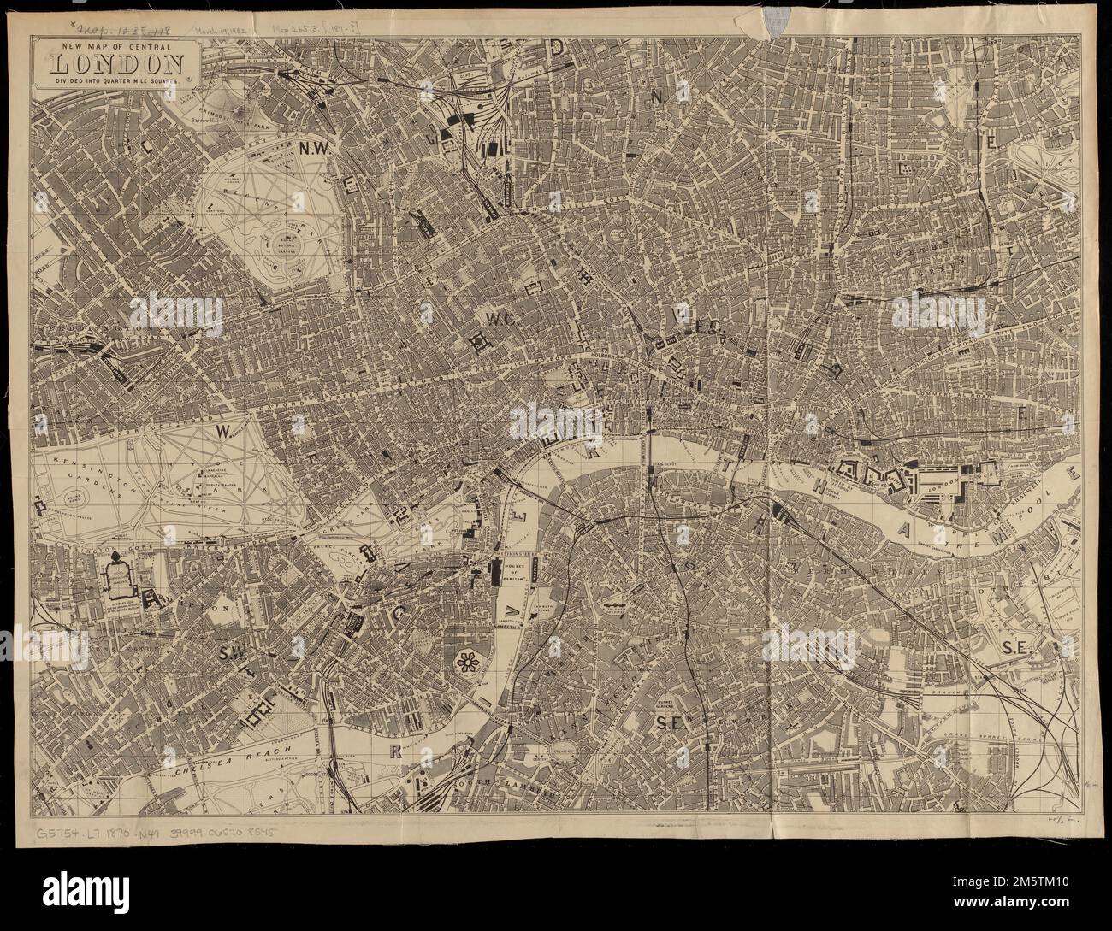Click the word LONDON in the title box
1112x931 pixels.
118,62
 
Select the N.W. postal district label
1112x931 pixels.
314,149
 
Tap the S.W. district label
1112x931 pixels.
232,654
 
